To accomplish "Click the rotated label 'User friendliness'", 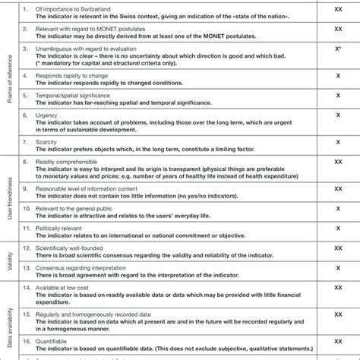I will point(10,200).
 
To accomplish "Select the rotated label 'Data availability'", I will point(10,319).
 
